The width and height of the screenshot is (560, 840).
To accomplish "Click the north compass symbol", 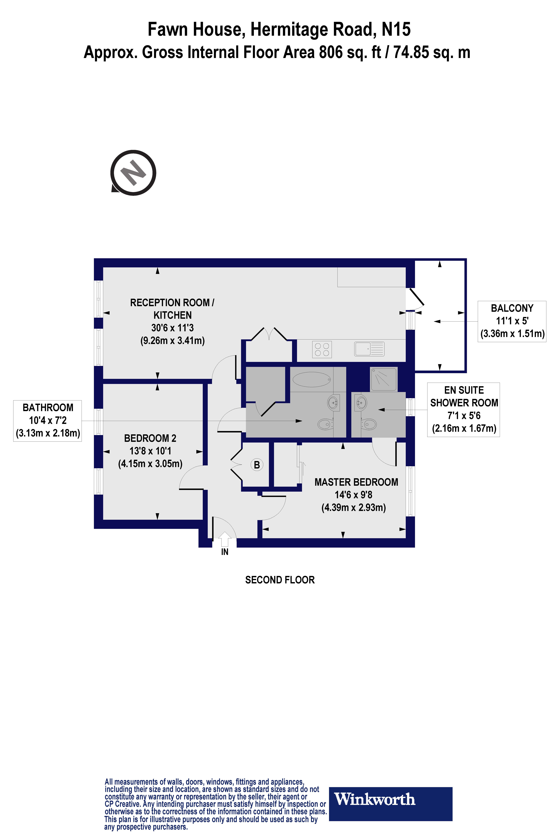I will (x=133, y=173).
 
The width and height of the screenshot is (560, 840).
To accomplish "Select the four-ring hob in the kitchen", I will (x=322, y=349).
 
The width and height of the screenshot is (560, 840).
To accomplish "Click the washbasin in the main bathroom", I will (x=333, y=403).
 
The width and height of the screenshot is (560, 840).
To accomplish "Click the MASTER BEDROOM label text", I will (x=356, y=482).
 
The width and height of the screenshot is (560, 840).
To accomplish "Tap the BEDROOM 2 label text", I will (x=150, y=438).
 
